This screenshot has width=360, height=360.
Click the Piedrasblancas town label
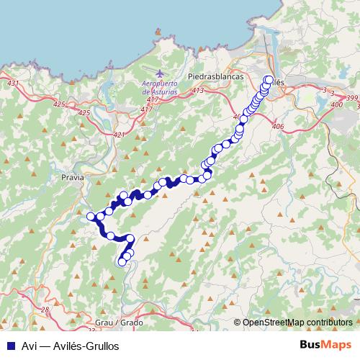[216, 76]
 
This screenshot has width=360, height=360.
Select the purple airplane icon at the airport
[160, 73]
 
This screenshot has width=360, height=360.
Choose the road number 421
[120, 135]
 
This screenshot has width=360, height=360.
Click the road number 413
[199, 90]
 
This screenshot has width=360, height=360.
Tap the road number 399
[351, 97]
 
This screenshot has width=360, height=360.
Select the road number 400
[336, 105]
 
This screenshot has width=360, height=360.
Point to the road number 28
[45, 309]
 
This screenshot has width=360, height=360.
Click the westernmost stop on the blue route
[91, 217]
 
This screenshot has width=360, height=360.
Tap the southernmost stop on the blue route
[122, 262]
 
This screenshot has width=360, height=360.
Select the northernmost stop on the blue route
[269, 79]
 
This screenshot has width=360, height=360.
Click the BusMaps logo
[326, 346]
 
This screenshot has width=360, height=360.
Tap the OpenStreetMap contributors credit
[298, 323]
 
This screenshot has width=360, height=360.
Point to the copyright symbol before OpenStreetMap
[238, 323]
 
